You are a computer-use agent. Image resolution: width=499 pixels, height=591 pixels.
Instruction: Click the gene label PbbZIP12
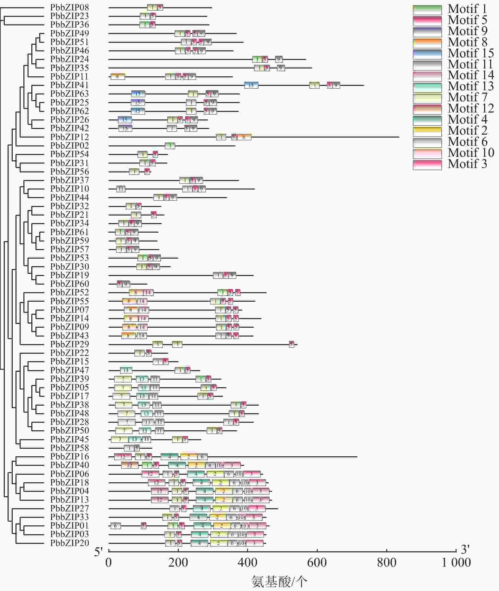pyautogui.click(x=69, y=137)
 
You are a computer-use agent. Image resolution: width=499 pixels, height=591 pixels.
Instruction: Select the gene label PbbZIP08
pyautogui.click(x=69, y=7)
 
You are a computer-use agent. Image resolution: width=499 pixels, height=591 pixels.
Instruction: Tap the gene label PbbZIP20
pyautogui.click(x=69, y=543)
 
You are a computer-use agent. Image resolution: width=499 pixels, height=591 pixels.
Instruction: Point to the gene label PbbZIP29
pyautogui.click(x=69, y=344)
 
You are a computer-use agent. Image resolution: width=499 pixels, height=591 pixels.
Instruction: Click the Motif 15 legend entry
pyautogui.click(x=470, y=53)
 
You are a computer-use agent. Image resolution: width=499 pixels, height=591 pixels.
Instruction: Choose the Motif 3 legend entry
pyautogui.click(x=467, y=164)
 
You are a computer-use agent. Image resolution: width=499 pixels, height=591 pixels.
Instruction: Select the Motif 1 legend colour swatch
pyautogui.click(x=427, y=10)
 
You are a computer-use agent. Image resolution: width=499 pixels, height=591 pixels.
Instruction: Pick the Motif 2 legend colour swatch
pyautogui.click(x=427, y=131)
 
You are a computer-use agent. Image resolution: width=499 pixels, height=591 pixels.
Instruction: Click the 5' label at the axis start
pyautogui.click(x=99, y=552)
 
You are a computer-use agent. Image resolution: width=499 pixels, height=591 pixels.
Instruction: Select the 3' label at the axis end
pyautogui.click(x=465, y=549)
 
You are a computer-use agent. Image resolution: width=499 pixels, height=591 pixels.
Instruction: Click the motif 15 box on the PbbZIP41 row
pyautogui.click(x=251, y=85)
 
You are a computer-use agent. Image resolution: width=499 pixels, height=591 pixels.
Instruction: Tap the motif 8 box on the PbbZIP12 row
pyautogui.click(x=244, y=137)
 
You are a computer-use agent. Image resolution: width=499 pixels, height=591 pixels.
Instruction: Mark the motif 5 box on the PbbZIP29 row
pyautogui.click(x=291, y=344)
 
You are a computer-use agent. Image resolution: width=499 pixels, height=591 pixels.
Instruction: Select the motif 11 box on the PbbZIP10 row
pyautogui.click(x=121, y=189)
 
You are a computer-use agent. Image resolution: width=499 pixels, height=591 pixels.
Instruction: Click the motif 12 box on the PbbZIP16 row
pyautogui.click(x=123, y=457)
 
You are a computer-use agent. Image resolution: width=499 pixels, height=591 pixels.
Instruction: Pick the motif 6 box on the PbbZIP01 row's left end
pyautogui.click(x=115, y=526)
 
